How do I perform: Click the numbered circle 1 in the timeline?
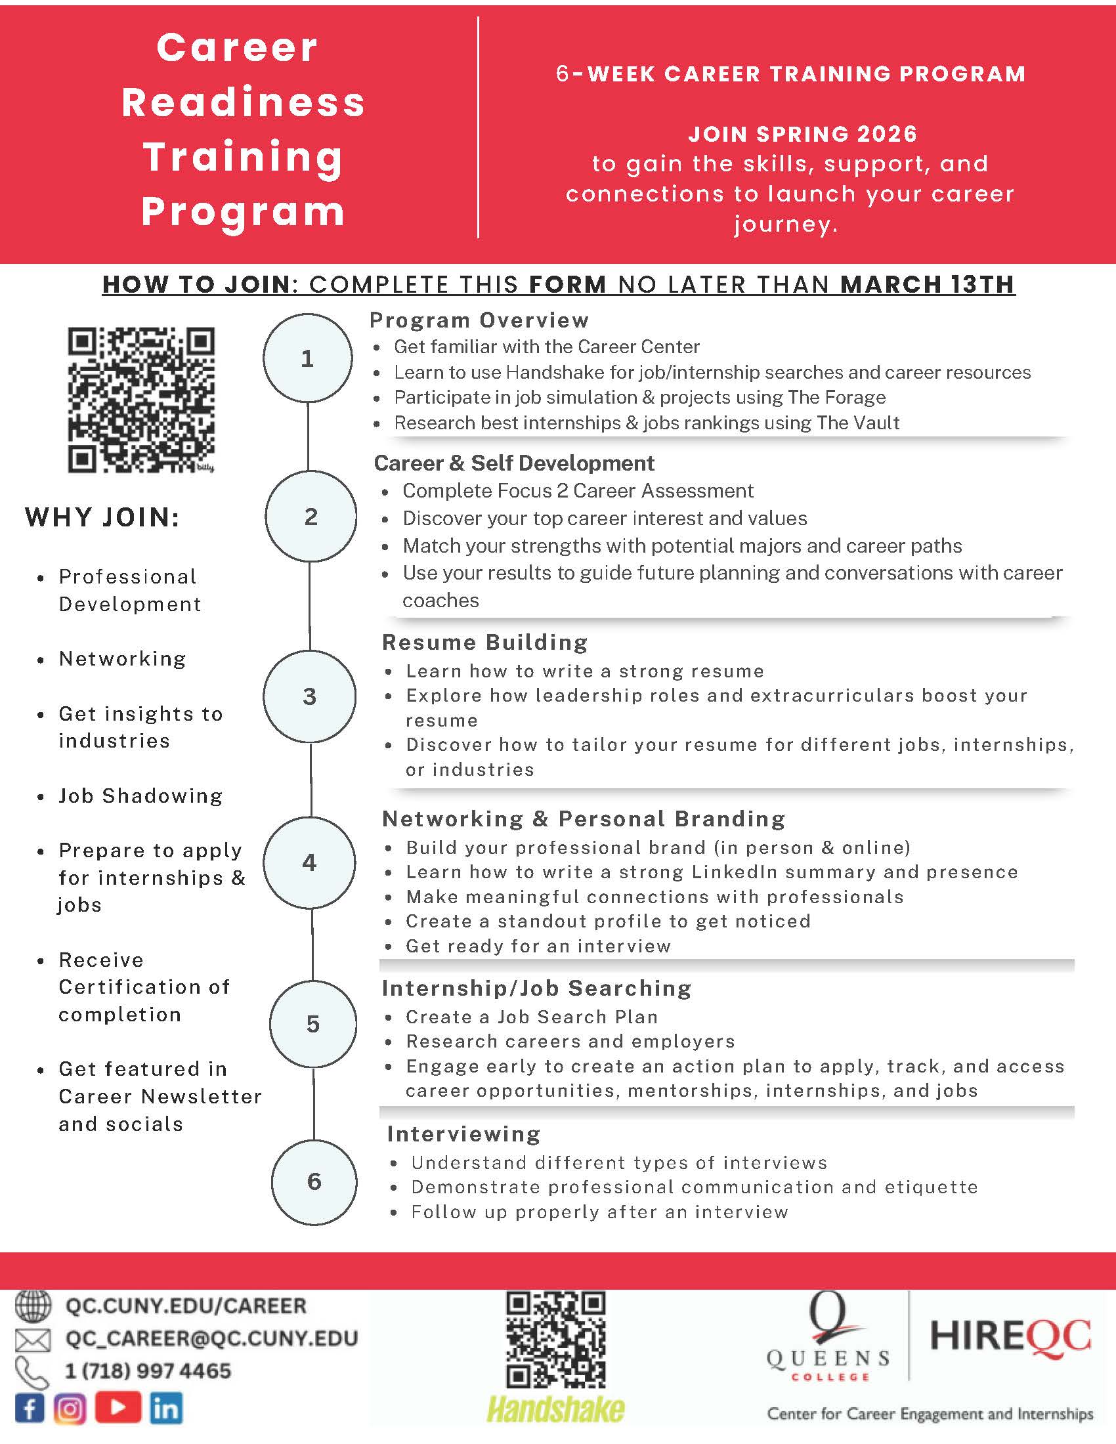[307, 358]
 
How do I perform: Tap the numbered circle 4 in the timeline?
[309, 862]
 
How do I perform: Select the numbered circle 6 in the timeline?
[314, 1181]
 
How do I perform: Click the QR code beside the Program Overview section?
[141, 399]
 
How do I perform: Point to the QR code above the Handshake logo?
[555, 1340]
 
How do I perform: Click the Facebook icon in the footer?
[30, 1409]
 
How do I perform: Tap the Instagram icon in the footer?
[70, 1409]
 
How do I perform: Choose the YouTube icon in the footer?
[118, 1408]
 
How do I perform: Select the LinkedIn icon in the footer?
[165, 1409]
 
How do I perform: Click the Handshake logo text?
[555, 1409]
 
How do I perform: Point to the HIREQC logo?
[1010, 1336]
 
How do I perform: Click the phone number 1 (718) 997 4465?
[148, 1370]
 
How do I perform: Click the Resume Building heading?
[484, 642]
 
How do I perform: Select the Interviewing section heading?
[463, 1134]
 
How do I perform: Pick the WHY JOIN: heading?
[102, 517]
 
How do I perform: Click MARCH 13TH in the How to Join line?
[927, 284]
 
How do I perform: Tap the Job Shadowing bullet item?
[140, 796]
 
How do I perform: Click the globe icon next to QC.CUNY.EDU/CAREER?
[32, 1306]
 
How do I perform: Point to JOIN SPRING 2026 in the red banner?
[803, 134]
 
